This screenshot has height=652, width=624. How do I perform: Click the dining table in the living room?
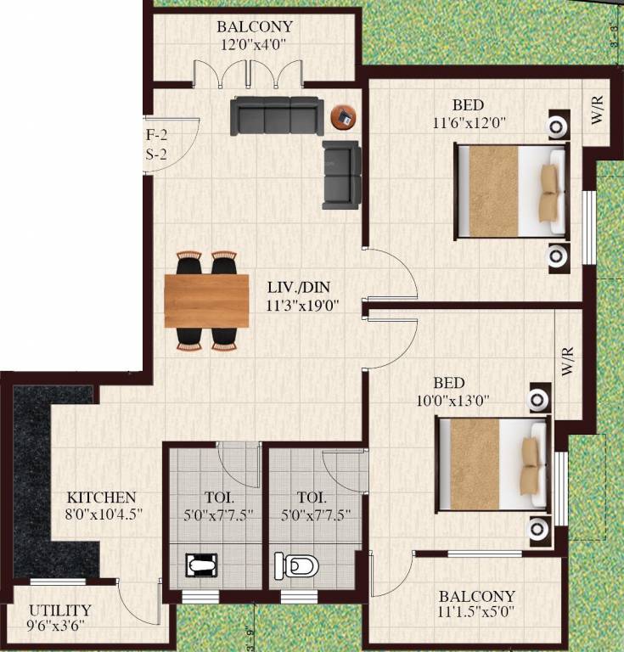coord(206,301)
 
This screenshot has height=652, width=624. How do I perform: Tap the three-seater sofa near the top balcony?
coord(276,115)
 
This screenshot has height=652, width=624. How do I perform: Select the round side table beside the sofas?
coord(344,116)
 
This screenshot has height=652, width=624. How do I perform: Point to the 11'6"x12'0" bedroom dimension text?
coord(469,121)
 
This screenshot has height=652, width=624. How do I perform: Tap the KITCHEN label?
coord(102,497)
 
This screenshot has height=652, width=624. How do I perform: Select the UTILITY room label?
coord(60,610)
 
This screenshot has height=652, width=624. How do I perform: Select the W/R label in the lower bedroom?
coord(568,362)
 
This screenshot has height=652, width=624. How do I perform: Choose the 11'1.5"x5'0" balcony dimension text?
coord(476,611)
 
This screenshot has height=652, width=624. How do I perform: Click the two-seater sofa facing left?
coord(341,175)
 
